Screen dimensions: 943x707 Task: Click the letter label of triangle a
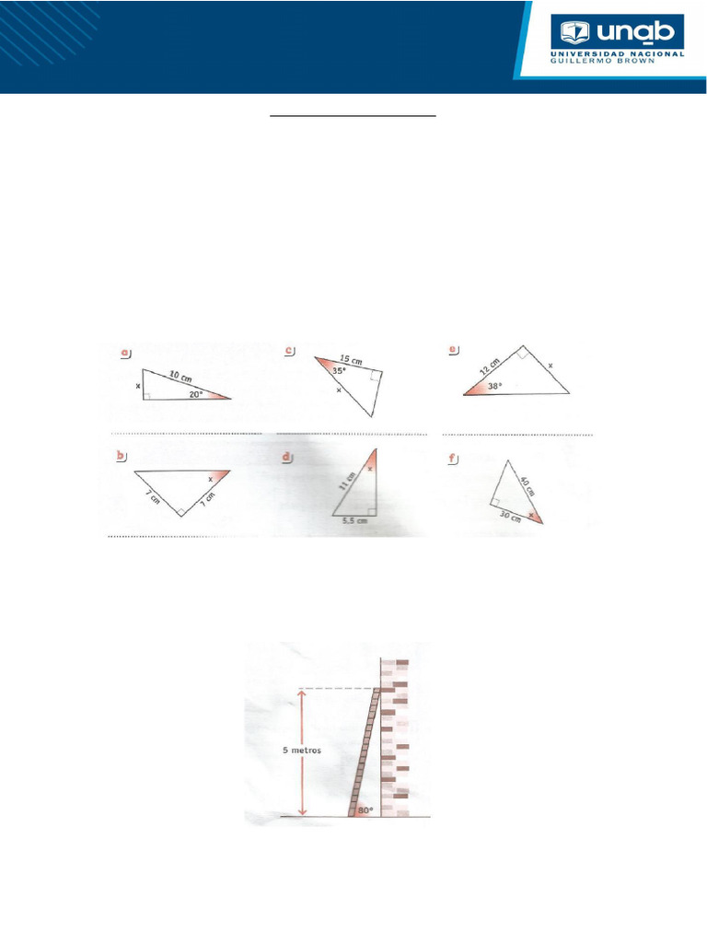coord(126,351)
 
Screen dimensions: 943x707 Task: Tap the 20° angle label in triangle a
coord(195,392)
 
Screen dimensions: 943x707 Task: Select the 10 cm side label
coord(181,375)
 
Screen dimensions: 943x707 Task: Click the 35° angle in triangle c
coord(340,371)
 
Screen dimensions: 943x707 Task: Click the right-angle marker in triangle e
coord(522,353)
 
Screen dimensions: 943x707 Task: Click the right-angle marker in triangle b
coord(180,511)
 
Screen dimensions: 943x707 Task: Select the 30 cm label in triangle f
coord(510,517)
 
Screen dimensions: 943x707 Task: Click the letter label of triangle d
coord(288,455)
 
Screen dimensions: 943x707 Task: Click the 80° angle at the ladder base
coord(365,810)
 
